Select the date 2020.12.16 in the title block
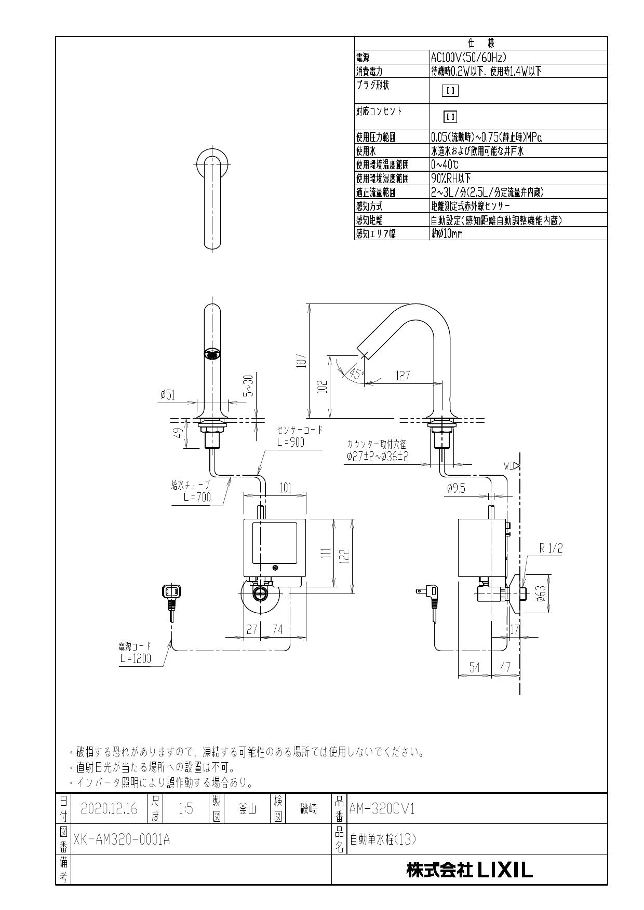click(109, 808)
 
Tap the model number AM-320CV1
click(382, 808)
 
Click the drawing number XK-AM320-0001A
click(122, 840)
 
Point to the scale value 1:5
click(185, 808)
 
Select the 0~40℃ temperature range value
click(445, 164)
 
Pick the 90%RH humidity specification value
click(450, 178)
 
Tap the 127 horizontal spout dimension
click(403, 376)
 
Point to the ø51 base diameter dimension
click(167, 395)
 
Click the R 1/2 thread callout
click(551, 548)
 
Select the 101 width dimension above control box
click(285, 488)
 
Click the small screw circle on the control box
click(275, 567)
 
